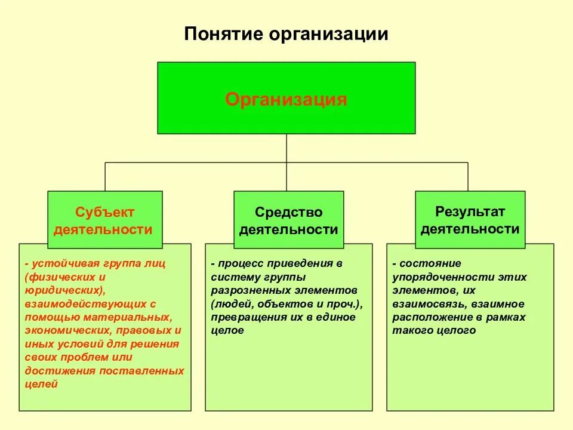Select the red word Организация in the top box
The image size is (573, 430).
pyautogui.click(x=286, y=99)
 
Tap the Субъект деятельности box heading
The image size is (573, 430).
pyautogui.click(x=105, y=220)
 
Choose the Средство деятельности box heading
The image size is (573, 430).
pyautogui.click(x=289, y=220)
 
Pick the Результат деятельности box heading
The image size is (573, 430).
pyautogui.click(x=470, y=220)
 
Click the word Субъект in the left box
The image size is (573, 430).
pyautogui.click(x=105, y=212)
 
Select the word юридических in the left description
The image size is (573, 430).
pyautogui.click(x=63, y=290)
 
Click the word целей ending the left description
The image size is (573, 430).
pyautogui.click(x=41, y=384)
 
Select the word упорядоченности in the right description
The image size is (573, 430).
pyautogui.click(x=427, y=277)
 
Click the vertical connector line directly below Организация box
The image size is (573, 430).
pyautogui.click(x=286, y=148)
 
